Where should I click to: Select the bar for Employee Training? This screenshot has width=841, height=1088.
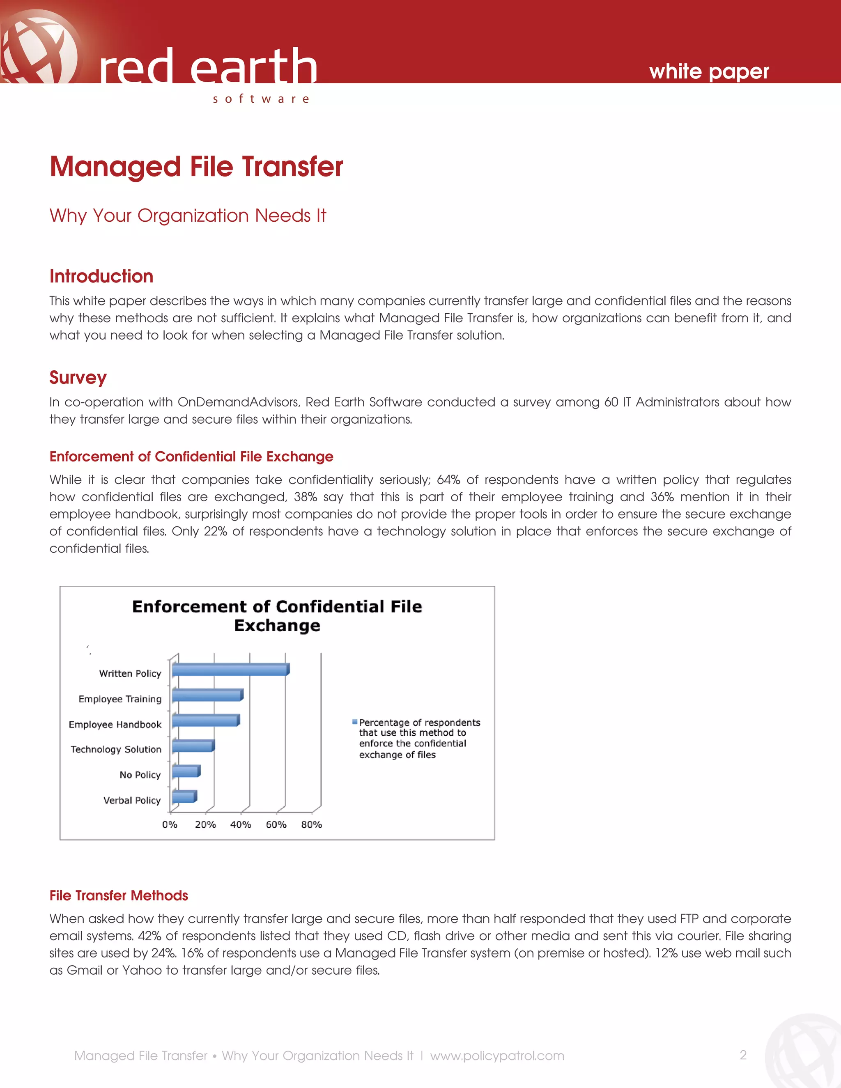pyautogui.click(x=207, y=695)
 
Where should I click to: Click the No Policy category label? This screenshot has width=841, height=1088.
pyautogui.click(x=140, y=775)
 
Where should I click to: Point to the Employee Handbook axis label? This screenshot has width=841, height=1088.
pyautogui.click(x=115, y=724)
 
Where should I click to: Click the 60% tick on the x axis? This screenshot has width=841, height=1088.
pyautogui.click(x=276, y=824)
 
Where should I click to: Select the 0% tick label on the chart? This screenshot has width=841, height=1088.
pyautogui.click(x=170, y=824)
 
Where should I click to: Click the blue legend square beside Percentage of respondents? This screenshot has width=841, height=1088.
pyautogui.click(x=355, y=721)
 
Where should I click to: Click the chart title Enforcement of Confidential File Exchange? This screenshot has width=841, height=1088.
pyautogui.click(x=277, y=616)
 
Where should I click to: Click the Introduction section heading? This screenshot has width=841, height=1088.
pyautogui.click(x=101, y=276)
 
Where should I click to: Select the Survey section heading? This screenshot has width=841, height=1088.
pyautogui.click(x=78, y=378)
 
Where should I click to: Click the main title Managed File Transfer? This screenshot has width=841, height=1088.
pyautogui.click(x=196, y=166)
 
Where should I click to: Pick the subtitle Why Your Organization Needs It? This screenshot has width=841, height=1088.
pyautogui.click(x=187, y=216)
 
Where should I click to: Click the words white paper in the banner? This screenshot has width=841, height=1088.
pyautogui.click(x=708, y=72)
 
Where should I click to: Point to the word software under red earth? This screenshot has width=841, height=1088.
pyautogui.click(x=261, y=99)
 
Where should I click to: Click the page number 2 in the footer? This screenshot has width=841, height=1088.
pyautogui.click(x=743, y=1055)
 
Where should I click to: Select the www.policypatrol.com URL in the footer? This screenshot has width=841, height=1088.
pyautogui.click(x=497, y=1056)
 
